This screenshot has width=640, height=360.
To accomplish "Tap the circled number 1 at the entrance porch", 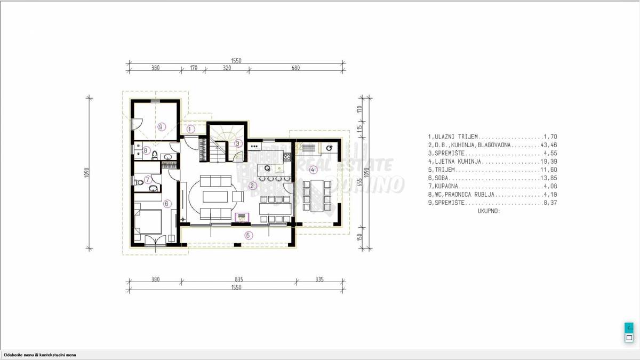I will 191,129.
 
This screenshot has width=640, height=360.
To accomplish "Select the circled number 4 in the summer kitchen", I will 314,170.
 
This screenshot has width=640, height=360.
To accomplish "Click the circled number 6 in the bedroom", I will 166,203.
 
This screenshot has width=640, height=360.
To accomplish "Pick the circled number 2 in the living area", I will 253,186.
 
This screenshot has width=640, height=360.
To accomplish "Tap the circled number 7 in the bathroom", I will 148,180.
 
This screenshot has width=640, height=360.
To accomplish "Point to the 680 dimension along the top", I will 295,68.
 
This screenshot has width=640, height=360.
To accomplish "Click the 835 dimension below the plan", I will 238,279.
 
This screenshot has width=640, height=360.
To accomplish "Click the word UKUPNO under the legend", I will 485,211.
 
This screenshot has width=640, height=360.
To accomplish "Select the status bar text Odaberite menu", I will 41,355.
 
